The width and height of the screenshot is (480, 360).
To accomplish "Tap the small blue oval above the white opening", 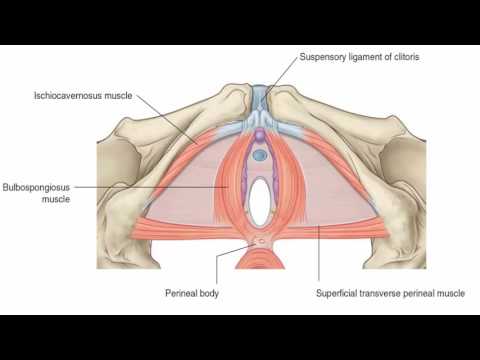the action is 260,155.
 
